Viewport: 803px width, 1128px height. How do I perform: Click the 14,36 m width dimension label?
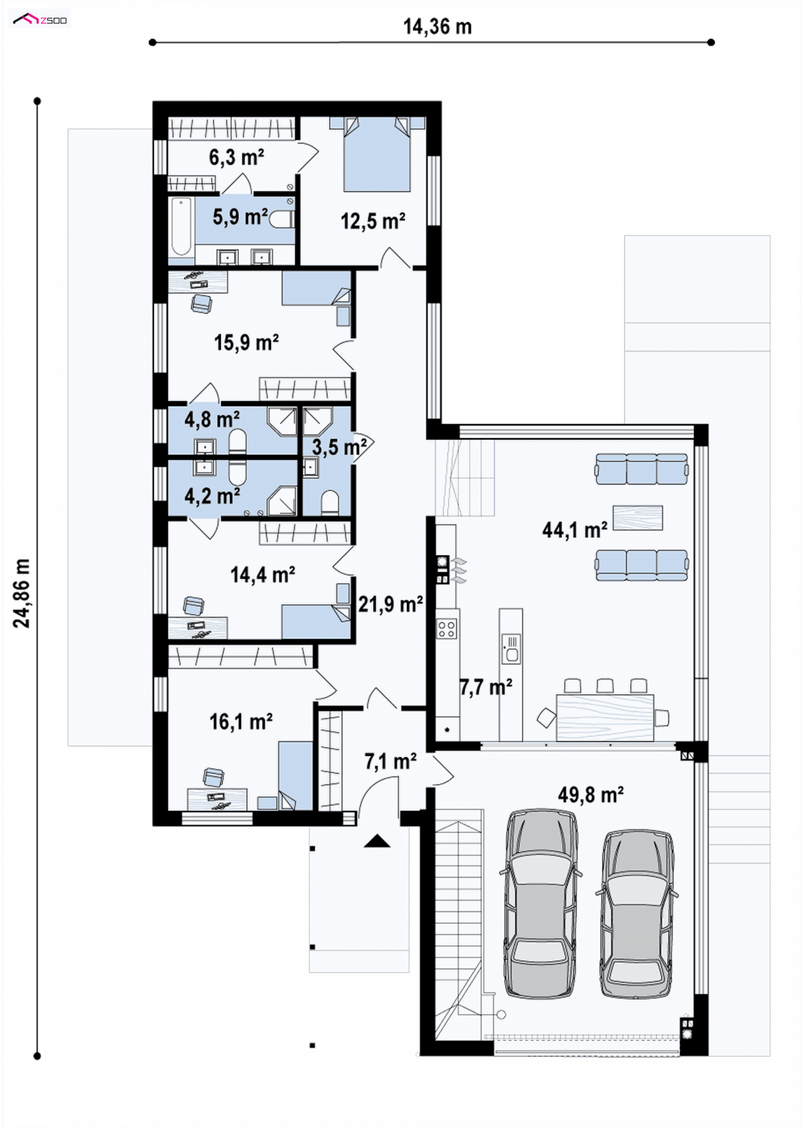(x=438, y=26)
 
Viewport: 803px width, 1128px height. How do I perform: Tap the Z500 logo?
(x=39, y=19)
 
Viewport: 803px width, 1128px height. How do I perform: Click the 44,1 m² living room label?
(x=574, y=530)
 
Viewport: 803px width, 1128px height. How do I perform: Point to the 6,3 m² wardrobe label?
(x=237, y=157)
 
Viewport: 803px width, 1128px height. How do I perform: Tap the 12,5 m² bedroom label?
(x=373, y=220)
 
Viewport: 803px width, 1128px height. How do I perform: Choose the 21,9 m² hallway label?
(x=390, y=604)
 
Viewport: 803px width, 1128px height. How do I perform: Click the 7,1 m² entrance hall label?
(x=391, y=761)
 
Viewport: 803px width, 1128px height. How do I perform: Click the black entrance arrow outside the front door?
(x=377, y=841)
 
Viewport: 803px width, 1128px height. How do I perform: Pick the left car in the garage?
(x=541, y=904)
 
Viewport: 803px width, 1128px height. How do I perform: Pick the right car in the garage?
(x=638, y=914)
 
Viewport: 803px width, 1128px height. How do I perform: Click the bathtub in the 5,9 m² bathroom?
(x=181, y=228)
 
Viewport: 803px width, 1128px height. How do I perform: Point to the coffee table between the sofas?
(x=638, y=518)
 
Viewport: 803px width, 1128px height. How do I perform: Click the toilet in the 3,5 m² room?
(x=330, y=503)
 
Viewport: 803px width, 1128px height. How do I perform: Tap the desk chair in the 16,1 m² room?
(x=214, y=777)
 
